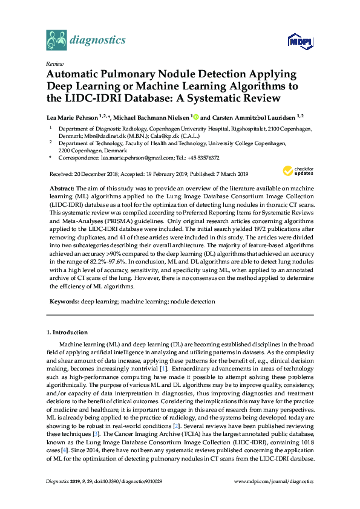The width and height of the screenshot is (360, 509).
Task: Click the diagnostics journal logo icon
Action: click(x=56, y=41)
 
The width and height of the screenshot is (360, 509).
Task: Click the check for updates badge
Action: click(x=298, y=172)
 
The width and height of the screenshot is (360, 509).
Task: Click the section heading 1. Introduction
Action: click(x=67, y=332)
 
